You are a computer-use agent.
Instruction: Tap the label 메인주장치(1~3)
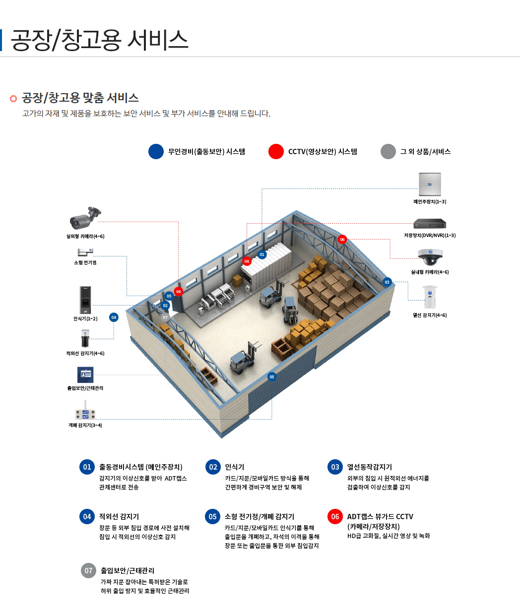430,202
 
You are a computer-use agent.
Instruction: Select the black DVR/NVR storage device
430,224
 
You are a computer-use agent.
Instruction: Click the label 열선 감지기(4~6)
430,315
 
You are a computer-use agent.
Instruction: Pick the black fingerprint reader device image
85,299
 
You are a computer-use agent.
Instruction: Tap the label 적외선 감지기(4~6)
85,354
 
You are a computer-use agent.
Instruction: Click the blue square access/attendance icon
85,374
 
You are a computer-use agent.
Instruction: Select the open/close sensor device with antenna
85,412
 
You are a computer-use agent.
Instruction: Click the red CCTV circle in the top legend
276,152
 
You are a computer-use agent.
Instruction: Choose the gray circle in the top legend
388,152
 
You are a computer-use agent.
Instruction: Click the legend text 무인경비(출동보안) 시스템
206,152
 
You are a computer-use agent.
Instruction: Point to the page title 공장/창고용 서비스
99,40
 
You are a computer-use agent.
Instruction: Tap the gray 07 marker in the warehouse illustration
166,316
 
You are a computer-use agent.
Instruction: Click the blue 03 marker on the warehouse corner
387,282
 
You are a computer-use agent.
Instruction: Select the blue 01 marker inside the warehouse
262,255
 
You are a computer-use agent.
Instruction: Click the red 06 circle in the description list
335,516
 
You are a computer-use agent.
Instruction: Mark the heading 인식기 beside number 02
235,467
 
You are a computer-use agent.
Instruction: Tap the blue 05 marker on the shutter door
271,377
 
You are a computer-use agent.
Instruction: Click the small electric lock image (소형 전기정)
85,252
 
